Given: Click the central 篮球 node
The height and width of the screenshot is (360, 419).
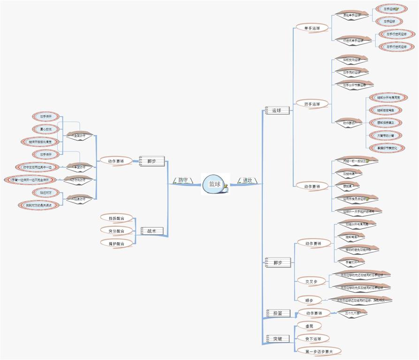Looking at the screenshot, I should (214, 184).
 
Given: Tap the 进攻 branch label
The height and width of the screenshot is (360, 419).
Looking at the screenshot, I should (247, 180).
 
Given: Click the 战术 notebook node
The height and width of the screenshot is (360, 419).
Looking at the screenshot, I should (152, 231).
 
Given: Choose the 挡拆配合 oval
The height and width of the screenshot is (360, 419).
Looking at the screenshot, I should (116, 218).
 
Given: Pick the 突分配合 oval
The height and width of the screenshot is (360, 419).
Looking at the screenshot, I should (116, 231).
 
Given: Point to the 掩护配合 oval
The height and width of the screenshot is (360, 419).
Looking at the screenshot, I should (116, 243).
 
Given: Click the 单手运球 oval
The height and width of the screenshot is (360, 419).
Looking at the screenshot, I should (312, 28).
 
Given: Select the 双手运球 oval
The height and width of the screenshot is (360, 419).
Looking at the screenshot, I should (312, 104).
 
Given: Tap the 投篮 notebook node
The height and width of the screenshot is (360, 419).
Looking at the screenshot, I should (278, 313).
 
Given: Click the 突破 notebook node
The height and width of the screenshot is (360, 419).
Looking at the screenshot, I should (278, 338).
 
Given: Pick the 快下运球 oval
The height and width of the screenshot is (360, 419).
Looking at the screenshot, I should (313, 338).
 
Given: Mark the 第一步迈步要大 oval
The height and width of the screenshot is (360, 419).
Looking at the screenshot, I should (319, 351).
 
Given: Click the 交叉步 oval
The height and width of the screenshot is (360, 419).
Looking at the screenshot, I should (312, 282).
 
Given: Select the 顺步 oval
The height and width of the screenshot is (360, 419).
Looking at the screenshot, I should (309, 300).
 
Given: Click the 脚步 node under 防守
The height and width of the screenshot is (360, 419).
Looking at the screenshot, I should (152, 161).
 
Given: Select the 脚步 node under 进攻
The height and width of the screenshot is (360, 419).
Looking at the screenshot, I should (278, 262).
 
